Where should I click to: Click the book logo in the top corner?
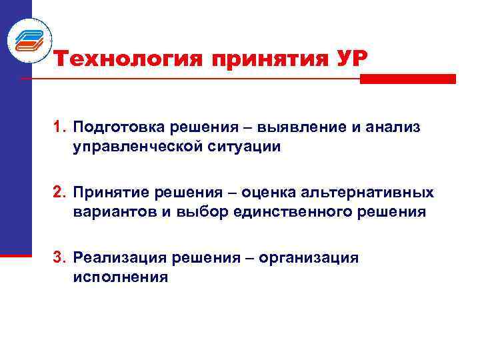(x=29, y=40)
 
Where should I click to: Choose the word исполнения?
(x=121, y=277)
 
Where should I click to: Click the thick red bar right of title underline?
(x=407, y=79)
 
